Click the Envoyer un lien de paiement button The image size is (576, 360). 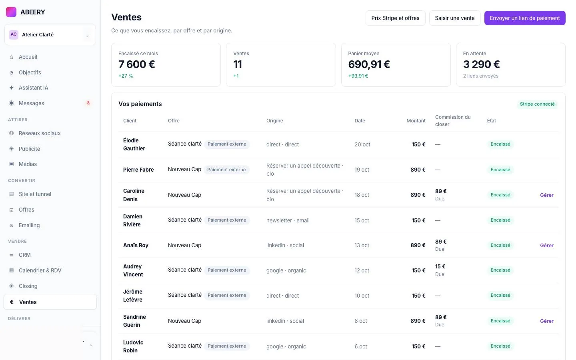pyautogui.click(x=524, y=18)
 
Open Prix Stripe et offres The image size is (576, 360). pyautogui.click(x=395, y=18)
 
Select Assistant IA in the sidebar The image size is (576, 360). pyautogui.click(x=34, y=88)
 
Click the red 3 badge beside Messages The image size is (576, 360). pyautogui.click(x=88, y=103)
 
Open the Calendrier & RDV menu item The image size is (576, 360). pyautogui.click(x=40, y=270)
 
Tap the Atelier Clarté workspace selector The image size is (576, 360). pyautogui.click(x=50, y=35)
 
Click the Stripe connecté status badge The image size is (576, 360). pyautogui.click(x=537, y=104)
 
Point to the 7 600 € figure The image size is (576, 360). pyautogui.click(x=136, y=64)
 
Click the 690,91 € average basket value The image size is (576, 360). pyautogui.click(x=369, y=64)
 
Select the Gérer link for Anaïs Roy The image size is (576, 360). pyautogui.click(x=547, y=245)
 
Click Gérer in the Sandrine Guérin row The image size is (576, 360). pyautogui.click(x=547, y=321)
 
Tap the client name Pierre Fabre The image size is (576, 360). pyautogui.click(x=138, y=170)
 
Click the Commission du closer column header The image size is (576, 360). pyautogui.click(x=453, y=121)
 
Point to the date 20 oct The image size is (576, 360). pyautogui.click(x=362, y=144)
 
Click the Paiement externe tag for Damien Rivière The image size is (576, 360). pyautogui.click(x=227, y=220)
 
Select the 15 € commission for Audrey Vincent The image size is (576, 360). pyautogui.click(x=440, y=266)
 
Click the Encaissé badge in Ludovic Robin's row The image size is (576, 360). pyautogui.click(x=500, y=346)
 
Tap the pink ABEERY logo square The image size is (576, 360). pyautogui.click(x=11, y=12)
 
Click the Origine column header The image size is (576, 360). pyautogui.click(x=275, y=121)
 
